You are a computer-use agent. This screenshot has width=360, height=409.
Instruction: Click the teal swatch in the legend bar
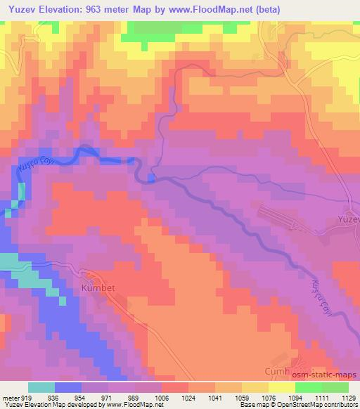coord(41,387)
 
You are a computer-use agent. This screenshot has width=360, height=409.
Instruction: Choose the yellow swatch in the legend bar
coord(282,387)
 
